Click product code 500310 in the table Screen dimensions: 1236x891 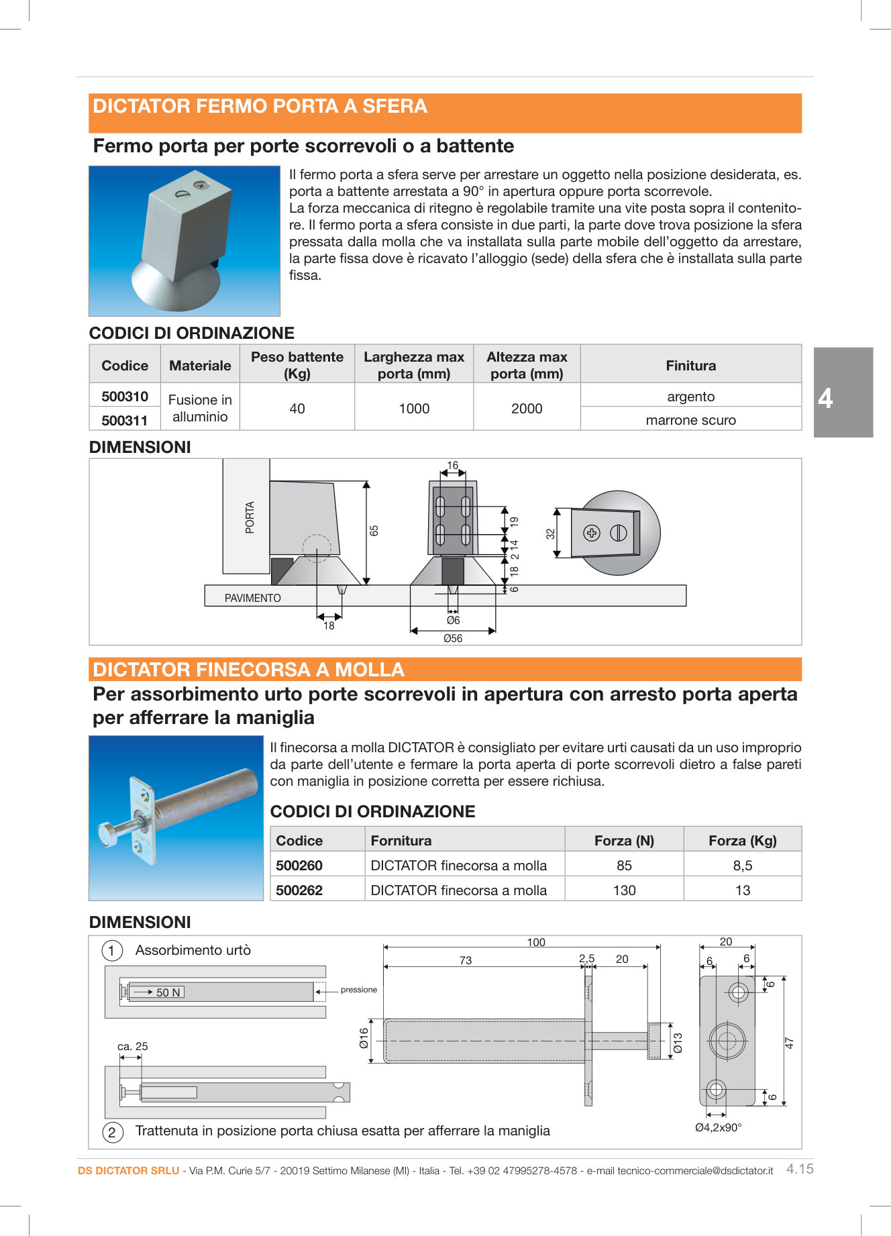(125, 397)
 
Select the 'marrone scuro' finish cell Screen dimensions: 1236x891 (690, 420)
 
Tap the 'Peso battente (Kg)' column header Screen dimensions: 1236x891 (297, 365)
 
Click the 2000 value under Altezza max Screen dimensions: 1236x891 (526, 409)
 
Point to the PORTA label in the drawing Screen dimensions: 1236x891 (250, 517)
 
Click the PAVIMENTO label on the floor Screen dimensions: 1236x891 (252, 598)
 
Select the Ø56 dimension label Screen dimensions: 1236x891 (453, 638)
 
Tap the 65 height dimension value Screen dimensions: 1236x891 (374, 530)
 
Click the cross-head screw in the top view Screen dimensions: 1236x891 (591, 533)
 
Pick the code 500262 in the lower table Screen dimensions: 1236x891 (299, 890)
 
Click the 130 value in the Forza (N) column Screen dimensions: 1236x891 (624, 890)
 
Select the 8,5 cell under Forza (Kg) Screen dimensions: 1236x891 (742, 866)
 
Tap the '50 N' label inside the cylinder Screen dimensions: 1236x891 (168, 992)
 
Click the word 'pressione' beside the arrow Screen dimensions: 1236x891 (359, 990)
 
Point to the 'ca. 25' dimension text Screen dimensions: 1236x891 (132, 1046)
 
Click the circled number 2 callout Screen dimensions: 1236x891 (112, 1132)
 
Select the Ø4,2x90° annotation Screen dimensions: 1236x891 (718, 1127)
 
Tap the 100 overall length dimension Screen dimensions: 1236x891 (536, 942)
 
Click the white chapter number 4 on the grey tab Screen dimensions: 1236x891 (826, 399)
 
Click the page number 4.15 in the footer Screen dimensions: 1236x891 (800, 1169)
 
